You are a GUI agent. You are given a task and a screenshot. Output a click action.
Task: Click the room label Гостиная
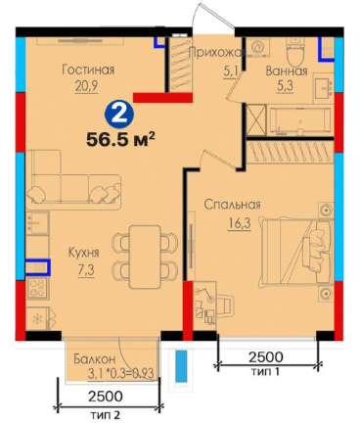pyautogui.click(x=88, y=70)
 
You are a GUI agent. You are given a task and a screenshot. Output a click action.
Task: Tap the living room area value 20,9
pyautogui.click(x=86, y=87)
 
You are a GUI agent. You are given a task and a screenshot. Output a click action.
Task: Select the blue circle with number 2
pyautogui.click(x=119, y=114)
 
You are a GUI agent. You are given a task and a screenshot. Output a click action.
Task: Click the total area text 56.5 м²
pyautogui.click(x=120, y=140)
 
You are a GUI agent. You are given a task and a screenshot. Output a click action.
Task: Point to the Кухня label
pyautogui.click(x=84, y=253)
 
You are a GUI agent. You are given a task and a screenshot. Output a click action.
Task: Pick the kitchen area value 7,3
pyautogui.click(x=86, y=270)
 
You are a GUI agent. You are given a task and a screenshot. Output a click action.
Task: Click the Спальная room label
pyautogui.click(x=232, y=205)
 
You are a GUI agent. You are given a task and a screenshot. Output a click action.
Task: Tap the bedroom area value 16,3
pyautogui.click(x=240, y=224)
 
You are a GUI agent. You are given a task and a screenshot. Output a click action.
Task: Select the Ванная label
pyautogui.click(x=287, y=70)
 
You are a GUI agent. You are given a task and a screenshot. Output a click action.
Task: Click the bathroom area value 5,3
pyautogui.click(x=285, y=87)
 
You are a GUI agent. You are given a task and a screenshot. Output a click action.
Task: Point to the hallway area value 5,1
pyautogui.click(x=231, y=71)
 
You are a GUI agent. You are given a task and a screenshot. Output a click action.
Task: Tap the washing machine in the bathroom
pyautogui.click(x=259, y=47)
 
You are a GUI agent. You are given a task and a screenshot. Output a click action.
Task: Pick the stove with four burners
pyautogui.click(x=38, y=288)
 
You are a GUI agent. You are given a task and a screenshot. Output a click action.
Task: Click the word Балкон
pyautogui.click(x=94, y=359)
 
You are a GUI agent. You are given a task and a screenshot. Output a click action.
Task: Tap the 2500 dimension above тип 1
pyautogui.click(x=266, y=357)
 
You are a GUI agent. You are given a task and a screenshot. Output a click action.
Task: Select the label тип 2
pyautogui.click(x=106, y=415)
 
